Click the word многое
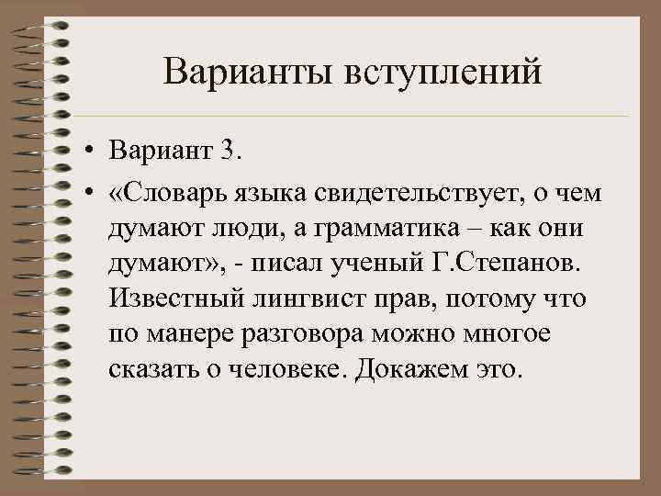click(501, 336)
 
